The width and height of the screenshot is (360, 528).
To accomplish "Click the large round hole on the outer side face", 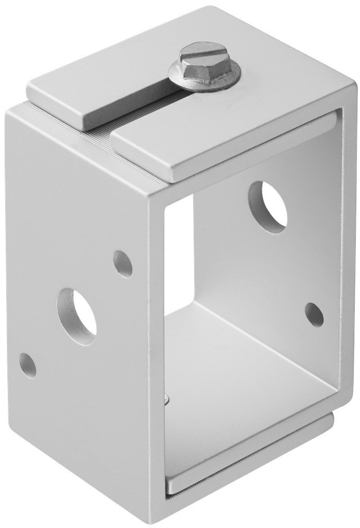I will click(x=77, y=316).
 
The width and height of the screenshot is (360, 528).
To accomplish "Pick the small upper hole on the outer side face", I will click(x=123, y=264).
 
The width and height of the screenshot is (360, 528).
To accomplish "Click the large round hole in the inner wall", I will click(x=268, y=207).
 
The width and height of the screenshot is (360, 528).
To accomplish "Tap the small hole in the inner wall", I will click(x=314, y=315).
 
